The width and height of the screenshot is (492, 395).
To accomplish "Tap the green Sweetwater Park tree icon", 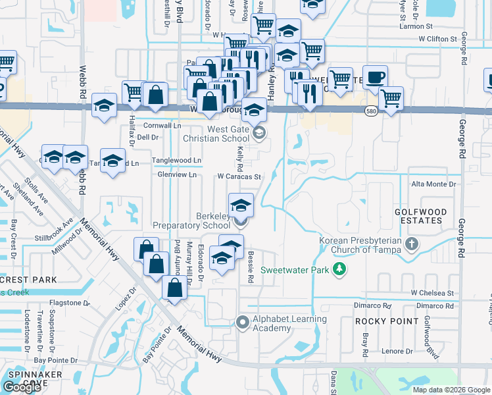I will point(339,269).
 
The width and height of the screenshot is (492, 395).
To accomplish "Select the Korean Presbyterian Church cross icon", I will point(412,245).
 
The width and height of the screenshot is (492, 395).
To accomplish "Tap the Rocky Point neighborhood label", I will point(387,321).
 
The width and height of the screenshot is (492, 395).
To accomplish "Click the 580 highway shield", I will point(371,111).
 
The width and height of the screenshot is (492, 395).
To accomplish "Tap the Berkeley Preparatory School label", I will point(192,221).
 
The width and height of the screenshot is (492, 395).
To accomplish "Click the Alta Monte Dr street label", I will point(434,185).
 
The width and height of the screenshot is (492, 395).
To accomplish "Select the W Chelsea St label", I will point(432,292).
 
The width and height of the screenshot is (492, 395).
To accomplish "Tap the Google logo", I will point(22,387).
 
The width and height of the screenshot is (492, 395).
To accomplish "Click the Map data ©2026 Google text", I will point(451,390).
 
